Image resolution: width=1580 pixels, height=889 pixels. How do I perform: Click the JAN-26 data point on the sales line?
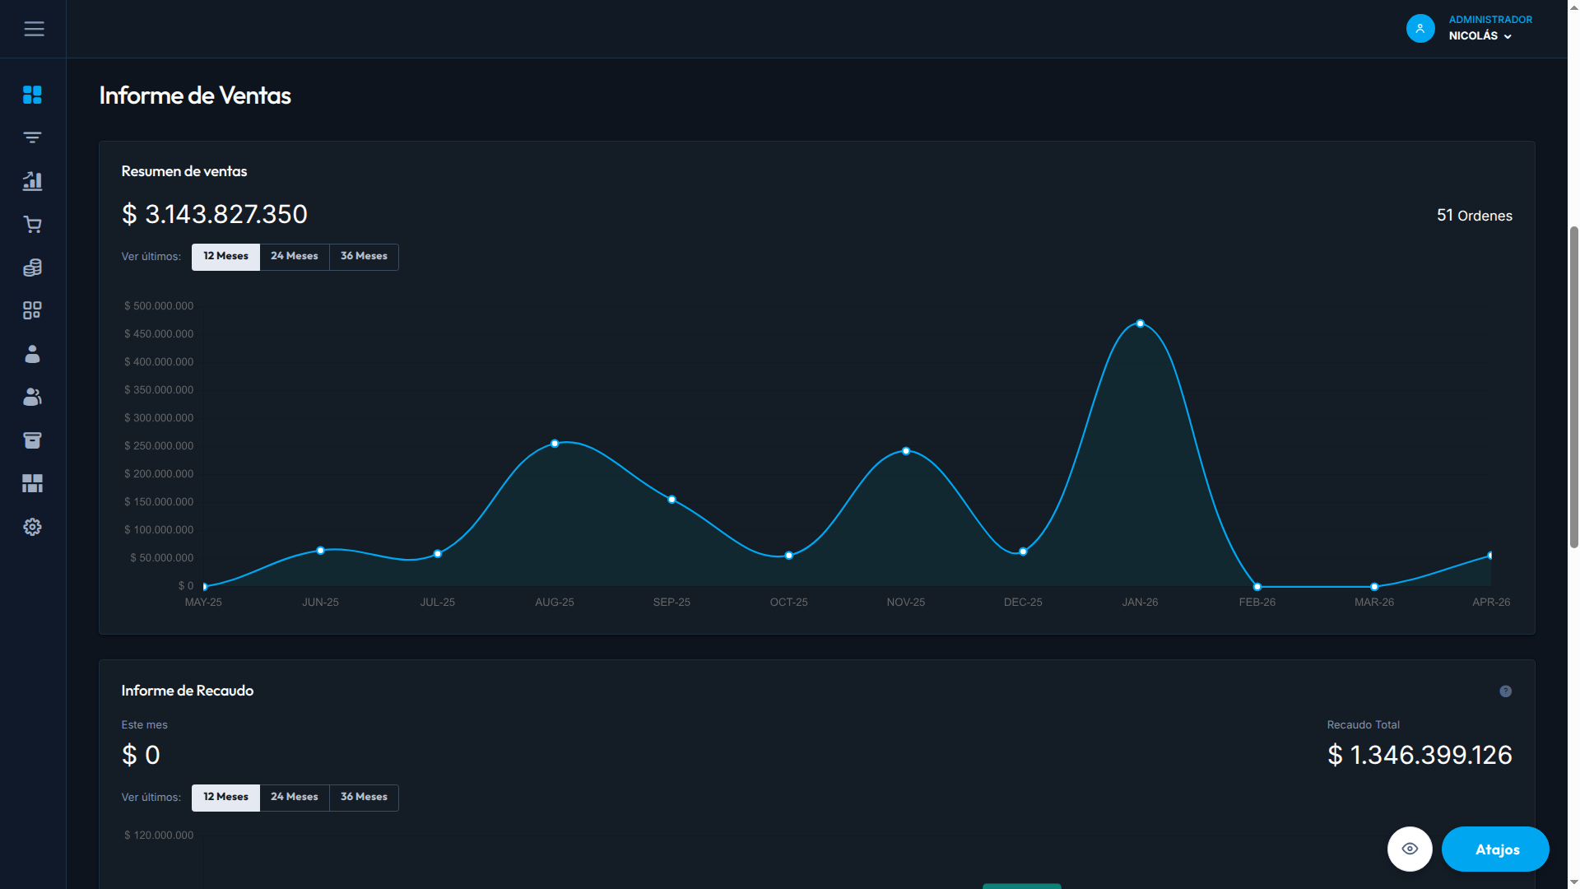click(x=1140, y=323)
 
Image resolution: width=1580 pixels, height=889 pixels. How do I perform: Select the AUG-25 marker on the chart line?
click(x=555, y=444)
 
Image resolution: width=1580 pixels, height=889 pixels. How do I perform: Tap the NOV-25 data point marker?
click(x=906, y=451)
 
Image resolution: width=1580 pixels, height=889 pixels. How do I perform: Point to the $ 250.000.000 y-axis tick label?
click(x=159, y=446)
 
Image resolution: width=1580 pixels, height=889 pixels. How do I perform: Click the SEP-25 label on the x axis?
click(x=671, y=603)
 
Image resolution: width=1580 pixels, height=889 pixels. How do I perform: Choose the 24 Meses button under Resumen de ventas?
click(x=295, y=257)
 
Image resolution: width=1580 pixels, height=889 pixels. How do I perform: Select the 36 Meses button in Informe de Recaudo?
click(x=364, y=798)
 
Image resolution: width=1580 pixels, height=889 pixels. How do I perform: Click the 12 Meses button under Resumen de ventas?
click(x=225, y=257)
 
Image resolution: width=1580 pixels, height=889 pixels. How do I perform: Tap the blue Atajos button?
click(x=1495, y=849)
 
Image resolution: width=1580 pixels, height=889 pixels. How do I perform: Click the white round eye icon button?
click(x=1410, y=849)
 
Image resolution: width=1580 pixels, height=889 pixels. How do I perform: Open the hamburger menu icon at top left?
click(x=34, y=29)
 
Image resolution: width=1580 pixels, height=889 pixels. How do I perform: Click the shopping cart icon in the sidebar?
click(x=32, y=225)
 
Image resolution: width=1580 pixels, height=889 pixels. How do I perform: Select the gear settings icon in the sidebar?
click(x=32, y=527)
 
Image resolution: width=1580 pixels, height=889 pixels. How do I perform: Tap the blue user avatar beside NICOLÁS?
click(x=1420, y=29)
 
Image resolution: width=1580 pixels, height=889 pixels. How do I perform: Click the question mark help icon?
click(x=1505, y=691)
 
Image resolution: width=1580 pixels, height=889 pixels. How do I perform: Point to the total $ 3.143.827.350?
click(x=215, y=215)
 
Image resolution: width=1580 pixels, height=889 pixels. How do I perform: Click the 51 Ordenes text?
click(x=1475, y=216)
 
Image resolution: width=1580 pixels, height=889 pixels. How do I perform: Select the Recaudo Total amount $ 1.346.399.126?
click(x=1420, y=755)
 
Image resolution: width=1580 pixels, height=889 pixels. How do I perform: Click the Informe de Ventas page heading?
click(x=195, y=95)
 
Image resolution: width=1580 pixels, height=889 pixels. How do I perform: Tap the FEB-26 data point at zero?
click(x=1257, y=587)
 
